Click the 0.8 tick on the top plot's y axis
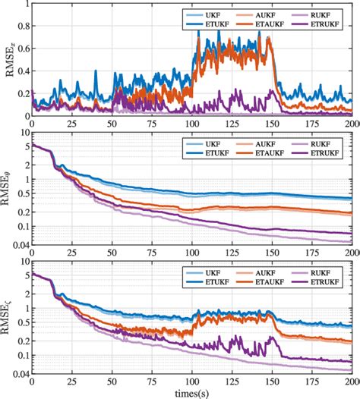click(x=22, y=27)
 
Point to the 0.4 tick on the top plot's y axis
click(x=22, y=71)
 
